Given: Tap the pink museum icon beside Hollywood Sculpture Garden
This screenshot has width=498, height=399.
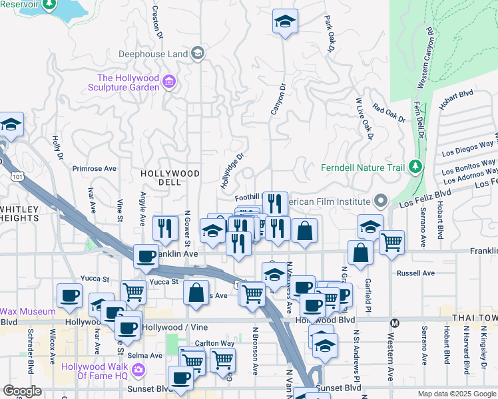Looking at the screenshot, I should tap(169, 82).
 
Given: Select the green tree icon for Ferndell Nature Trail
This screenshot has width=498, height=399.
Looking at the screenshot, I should tap(416, 166).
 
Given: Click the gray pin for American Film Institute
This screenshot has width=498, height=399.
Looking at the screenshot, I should tap(380, 200).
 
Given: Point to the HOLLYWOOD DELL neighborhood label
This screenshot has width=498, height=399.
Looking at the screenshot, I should tap(170, 178).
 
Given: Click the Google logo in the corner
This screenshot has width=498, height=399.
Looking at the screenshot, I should tap(22, 391).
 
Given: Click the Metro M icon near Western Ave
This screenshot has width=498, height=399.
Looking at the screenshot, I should tap(393, 323).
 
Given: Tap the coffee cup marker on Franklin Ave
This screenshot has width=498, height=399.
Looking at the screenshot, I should tap(146, 256).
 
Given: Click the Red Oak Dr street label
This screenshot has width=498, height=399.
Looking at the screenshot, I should tap(389, 114).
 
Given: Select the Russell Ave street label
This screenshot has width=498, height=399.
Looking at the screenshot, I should tap(415, 273).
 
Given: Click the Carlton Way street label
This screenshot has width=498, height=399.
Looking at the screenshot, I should tap(199, 343).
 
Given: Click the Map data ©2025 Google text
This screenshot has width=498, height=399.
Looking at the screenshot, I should tap(457, 394).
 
